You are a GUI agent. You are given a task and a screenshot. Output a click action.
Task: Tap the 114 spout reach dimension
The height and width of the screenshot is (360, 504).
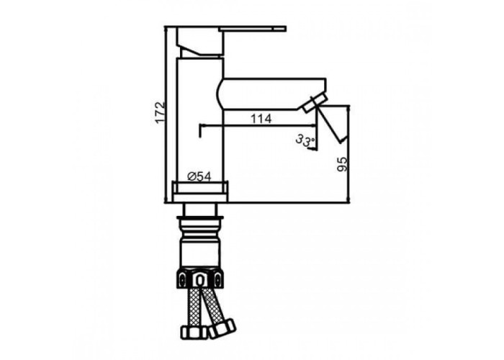(x=261, y=119)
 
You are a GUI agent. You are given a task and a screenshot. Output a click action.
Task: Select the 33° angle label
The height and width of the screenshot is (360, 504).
(x=305, y=140)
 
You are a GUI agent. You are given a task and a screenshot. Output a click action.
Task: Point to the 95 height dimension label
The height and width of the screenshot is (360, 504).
(x=343, y=164)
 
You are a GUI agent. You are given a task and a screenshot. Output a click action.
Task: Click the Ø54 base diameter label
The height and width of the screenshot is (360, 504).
(x=199, y=176)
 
